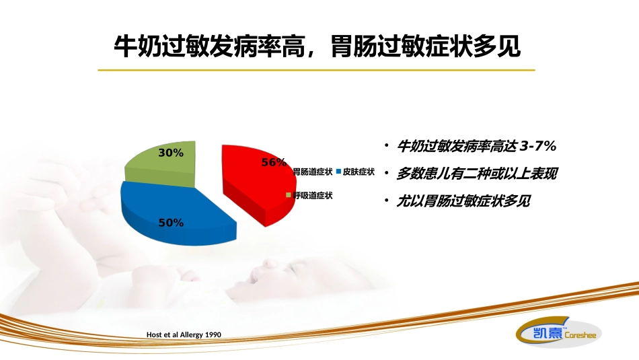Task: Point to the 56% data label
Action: click(274, 162)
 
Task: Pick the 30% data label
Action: click(171, 153)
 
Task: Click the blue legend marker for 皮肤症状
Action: click(338, 172)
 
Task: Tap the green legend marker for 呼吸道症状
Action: click(289, 195)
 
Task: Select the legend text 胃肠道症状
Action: click(312, 172)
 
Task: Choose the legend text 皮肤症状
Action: click(359, 172)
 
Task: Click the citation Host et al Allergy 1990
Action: click(184, 334)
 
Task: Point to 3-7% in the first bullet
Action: click(539, 146)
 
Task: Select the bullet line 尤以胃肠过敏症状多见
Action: click(463, 201)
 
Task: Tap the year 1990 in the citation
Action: click(211, 334)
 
